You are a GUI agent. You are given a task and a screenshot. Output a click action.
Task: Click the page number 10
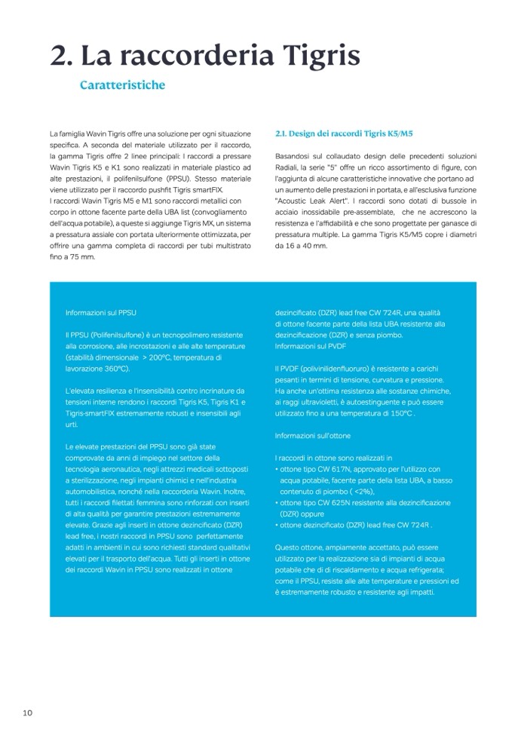coord(27,713)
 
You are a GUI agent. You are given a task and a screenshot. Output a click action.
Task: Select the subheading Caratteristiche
coord(122,85)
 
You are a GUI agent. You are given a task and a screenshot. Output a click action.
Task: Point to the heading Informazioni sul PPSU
coord(100,311)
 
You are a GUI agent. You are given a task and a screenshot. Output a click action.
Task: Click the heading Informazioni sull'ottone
coord(313,436)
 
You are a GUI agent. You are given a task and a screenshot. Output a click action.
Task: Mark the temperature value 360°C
coord(113,368)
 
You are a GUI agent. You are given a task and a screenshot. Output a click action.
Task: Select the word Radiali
coord(290,166)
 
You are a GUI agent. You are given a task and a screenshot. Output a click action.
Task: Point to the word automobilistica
coord(92,491)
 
